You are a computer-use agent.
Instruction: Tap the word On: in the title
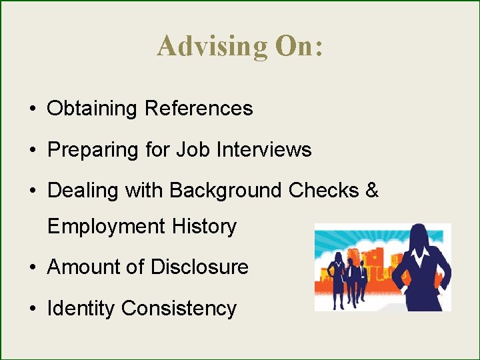[298, 46]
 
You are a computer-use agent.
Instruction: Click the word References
[199, 109]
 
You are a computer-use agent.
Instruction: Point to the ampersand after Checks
[372, 191]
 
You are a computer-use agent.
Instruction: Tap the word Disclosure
[199, 267]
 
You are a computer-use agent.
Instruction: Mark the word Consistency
[179, 309]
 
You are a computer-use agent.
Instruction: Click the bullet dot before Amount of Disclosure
[32, 268]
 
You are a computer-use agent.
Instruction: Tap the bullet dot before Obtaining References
[32, 109]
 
